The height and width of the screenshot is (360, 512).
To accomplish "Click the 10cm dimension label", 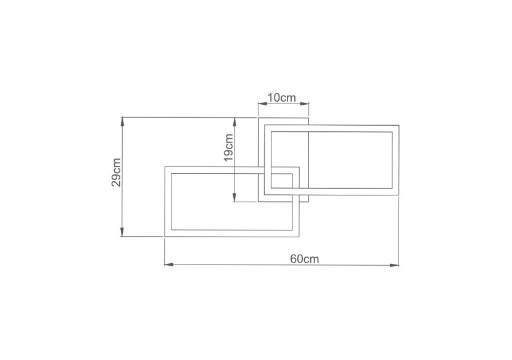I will click(283, 97).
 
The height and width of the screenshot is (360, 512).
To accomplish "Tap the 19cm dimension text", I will click(228, 148).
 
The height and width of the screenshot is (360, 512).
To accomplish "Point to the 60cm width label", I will click(304, 259).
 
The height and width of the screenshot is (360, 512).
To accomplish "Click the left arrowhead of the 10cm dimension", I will click(260, 104).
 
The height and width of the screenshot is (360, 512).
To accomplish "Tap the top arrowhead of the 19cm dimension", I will click(235, 121).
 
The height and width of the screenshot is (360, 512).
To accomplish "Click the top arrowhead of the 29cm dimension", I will click(123, 120).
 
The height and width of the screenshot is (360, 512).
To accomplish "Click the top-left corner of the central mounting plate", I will click(258, 117).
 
